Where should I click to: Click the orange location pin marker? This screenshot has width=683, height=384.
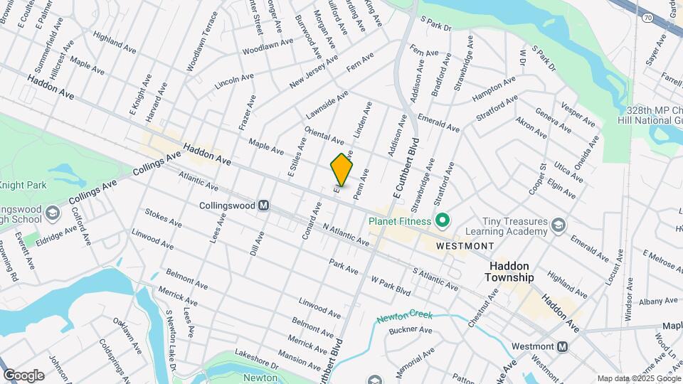(x=342, y=170)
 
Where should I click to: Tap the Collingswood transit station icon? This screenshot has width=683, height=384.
(x=264, y=206)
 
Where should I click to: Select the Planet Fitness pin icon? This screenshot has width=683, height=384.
(x=443, y=220)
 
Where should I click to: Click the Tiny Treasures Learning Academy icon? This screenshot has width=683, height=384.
(x=559, y=225)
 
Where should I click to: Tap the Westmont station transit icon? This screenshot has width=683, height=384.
(x=562, y=347)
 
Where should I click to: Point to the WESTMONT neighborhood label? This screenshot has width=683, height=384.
(x=465, y=245)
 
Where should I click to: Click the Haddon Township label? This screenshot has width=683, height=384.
(x=511, y=271)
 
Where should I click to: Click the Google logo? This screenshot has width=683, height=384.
(x=23, y=375)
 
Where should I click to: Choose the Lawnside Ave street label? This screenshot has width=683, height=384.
(x=327, y=104)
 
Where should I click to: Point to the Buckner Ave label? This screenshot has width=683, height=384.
(x=411, y=330)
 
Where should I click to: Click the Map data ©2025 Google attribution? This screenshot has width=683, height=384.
(x=638, y=378)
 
